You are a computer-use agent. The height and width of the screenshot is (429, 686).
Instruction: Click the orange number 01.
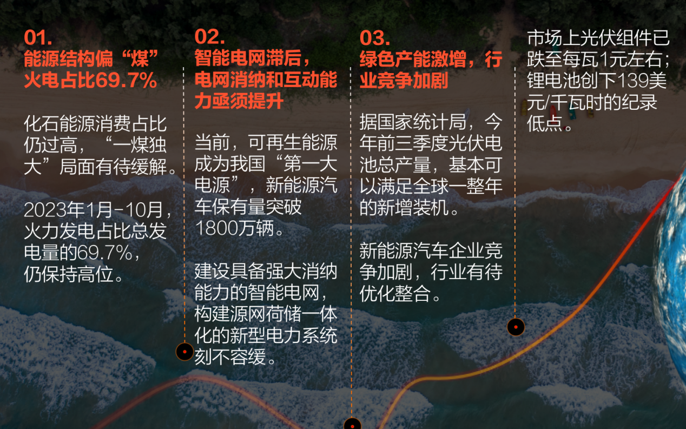point(38,38)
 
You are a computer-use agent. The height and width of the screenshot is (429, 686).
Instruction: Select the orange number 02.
point(209,37)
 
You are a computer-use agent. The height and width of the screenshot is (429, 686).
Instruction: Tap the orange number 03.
point(374,38)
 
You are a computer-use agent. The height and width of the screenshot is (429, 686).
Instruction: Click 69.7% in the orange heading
point(126,81)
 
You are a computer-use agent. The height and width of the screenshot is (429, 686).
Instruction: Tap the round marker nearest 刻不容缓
point(184,352)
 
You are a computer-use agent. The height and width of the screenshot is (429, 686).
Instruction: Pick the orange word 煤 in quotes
point(140,59)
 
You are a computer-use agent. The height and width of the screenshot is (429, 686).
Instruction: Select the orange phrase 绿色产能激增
point(413,59)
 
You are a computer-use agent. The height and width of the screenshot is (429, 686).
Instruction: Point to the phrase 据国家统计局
point(413,122)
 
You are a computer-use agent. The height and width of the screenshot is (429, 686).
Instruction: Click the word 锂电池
point(553,80)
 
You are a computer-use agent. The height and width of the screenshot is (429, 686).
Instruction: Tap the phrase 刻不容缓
point(230,357)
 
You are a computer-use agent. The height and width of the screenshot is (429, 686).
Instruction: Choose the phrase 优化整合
point(395,293)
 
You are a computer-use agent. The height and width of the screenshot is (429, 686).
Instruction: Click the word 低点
point(545,123)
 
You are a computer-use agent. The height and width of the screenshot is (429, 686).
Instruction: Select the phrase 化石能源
point(60,124)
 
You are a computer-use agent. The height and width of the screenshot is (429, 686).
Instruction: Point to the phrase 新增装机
point(413,208)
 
